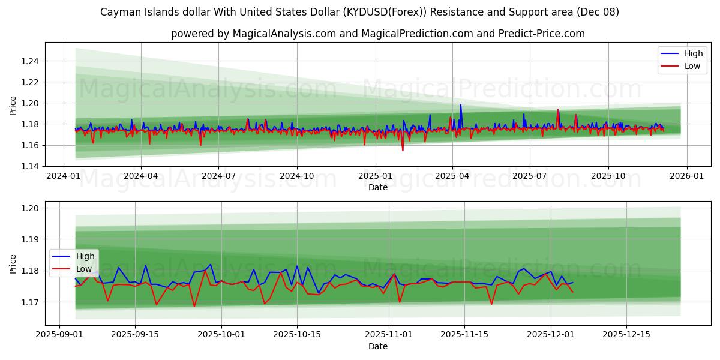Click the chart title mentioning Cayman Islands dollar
click(x=360, y=12)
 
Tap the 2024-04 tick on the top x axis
click(x=141, y=176)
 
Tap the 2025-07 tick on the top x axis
click(x=530, y=176)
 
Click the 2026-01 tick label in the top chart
click(x=686, y=176)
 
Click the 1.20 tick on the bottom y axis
click(x=31, y=208)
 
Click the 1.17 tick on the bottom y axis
click(x=31, y=302)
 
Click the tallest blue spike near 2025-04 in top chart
click(x=461, y=105)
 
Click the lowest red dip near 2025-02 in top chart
click(x=403, y=150)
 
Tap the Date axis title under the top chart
click(x=378, y=187)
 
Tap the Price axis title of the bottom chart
click(x=13, y=263)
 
